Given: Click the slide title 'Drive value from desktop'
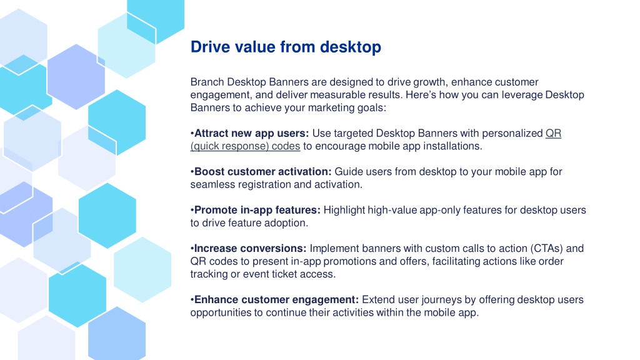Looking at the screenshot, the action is tap(286, 47).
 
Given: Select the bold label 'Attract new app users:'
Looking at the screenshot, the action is tap(251, 134).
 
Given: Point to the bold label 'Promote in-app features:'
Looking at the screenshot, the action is tap(257, 210).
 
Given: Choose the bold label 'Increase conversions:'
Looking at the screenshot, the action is tap(250, 249).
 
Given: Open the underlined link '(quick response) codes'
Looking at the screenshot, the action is tap(245, 146).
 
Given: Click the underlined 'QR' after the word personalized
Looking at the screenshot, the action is tap(554, 134).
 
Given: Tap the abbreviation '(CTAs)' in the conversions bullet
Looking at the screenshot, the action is tap(546, 249).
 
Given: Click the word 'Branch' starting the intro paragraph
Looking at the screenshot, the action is tap(207, 82).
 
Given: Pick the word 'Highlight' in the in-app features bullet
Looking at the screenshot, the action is tap(344, 210).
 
